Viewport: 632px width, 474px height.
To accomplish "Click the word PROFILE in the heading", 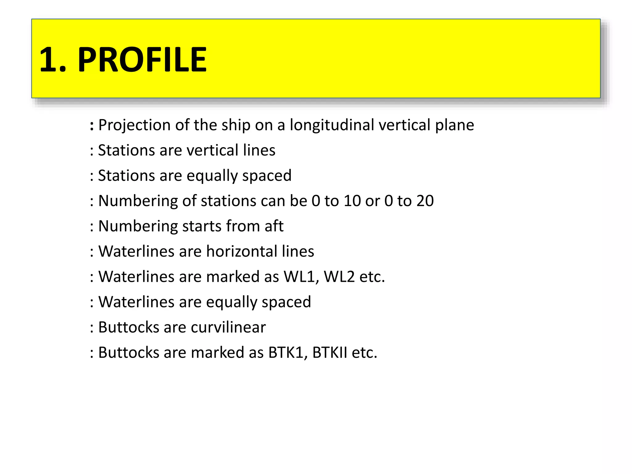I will tap(142, 59).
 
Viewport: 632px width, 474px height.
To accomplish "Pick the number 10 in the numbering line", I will tap(352, 201).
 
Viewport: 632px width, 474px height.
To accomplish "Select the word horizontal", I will tap(242, 251).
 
